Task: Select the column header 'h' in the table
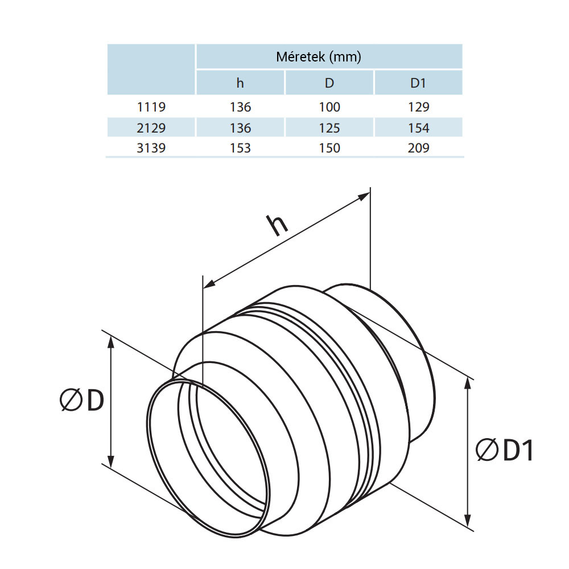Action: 240,83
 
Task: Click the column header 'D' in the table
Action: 329,83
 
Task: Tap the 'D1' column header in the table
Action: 418,83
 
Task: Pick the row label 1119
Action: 151,107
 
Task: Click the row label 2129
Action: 151,128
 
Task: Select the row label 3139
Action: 151,148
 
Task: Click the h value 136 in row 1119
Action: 240,107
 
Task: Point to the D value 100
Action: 329,107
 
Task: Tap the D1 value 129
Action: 418,107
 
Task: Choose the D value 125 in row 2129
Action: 329,128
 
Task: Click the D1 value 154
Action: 418,128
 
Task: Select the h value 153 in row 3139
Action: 240,148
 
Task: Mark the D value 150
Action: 329,148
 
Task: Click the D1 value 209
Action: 418,148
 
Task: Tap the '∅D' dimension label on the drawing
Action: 82,401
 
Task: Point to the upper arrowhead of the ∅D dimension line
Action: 112,341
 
